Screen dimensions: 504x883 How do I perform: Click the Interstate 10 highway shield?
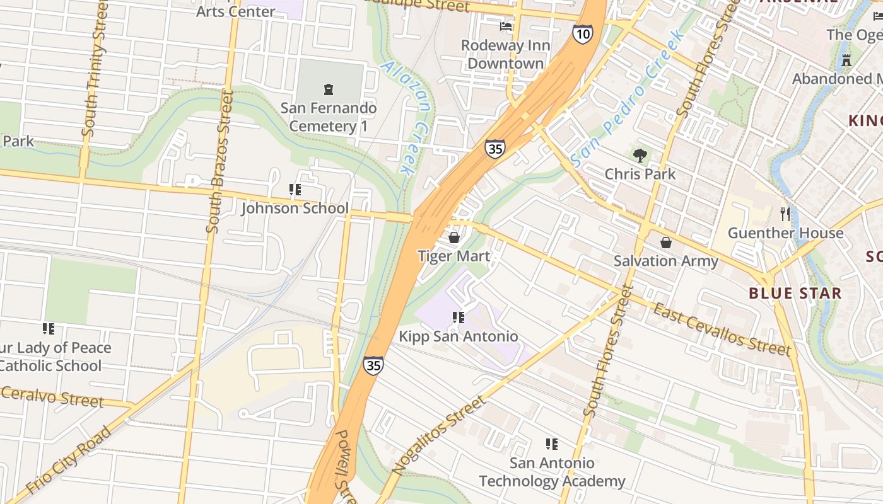point(583,34)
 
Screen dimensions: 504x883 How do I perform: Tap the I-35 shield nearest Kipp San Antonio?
point(373,365)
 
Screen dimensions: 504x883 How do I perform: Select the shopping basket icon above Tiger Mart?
point(453,238)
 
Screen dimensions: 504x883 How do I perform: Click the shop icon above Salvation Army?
point(666,243)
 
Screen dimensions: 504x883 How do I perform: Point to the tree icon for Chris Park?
point(640,156)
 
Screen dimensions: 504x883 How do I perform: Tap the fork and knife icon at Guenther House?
point(785,214)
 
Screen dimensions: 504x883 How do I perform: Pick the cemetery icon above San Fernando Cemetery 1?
point(328,89)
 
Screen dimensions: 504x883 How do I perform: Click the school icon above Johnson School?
point(295,189)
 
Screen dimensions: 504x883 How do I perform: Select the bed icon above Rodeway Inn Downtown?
point(506,26)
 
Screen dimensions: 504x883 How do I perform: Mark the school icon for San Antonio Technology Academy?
point(552,444)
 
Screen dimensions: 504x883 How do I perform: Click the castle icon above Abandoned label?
point(846,60)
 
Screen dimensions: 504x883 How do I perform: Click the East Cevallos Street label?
point(722,329)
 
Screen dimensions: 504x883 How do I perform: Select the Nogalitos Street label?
point(439,435)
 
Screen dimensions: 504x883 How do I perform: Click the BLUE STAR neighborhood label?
point(795,293)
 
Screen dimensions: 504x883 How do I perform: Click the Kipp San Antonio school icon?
point(459,318)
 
